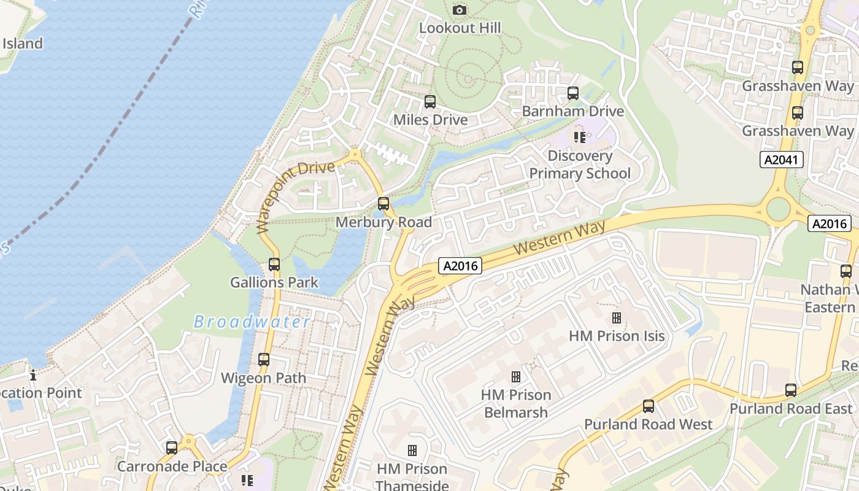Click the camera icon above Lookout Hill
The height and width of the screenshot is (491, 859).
click(459, 10)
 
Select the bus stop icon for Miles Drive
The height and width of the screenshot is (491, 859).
click(429, 102)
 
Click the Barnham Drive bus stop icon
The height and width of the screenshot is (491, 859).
click(572, 93)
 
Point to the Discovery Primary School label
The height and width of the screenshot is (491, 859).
click(579, 164)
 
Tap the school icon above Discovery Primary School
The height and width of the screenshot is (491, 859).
click(579, 137)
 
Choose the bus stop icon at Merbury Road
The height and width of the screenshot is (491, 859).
click(383, 204)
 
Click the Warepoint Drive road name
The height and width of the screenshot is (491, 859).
click(295, 196)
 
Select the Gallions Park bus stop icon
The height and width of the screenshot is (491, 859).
click(274, 265)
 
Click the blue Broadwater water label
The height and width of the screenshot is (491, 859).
click(252, 322)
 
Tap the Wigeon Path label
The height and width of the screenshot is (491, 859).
click(263, 377)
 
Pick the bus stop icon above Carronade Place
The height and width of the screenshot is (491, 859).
click(172, 448)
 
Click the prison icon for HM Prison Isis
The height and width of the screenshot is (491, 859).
click(616, 318)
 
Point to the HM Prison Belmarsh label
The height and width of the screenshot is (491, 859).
click(515, 403)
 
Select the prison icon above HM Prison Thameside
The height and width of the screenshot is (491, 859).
click(412, 450)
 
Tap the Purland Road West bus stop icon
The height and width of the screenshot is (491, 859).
click(648, 406)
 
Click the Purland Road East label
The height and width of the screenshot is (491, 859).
click(790, 408)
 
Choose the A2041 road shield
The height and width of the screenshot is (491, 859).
click(781, 160)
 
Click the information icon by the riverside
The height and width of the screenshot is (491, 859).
click(33, 374)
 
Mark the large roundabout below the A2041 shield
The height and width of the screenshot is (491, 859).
click(777, 209)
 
